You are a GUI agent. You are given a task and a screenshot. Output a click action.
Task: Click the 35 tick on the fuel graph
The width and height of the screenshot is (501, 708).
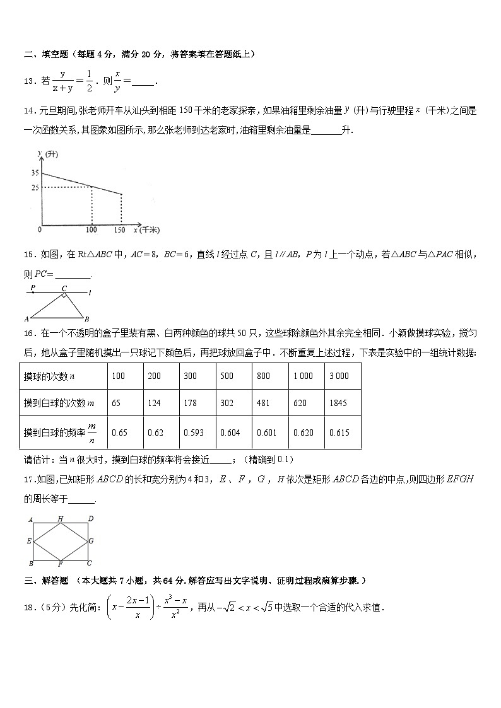[x=34, y=172]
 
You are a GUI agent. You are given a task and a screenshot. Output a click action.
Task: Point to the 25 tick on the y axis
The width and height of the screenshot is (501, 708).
[x=34, y=187]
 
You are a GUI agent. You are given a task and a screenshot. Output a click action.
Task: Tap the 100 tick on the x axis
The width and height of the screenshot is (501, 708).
[x=92, y=230]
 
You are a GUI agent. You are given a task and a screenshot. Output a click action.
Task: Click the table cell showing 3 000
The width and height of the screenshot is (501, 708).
[x=339, y=376]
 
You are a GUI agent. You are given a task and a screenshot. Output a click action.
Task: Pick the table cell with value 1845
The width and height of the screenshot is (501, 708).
[x=338, y=403]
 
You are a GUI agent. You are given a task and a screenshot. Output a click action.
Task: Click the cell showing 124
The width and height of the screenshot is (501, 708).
[x=154, y=403]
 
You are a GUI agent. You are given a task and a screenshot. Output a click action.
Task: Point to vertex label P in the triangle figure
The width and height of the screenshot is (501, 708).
[x=33, y=287]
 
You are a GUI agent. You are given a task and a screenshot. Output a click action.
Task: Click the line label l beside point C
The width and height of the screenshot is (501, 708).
[x=90, y=292]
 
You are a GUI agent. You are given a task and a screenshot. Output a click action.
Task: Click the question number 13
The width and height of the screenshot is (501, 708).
[x=28, y=81]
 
